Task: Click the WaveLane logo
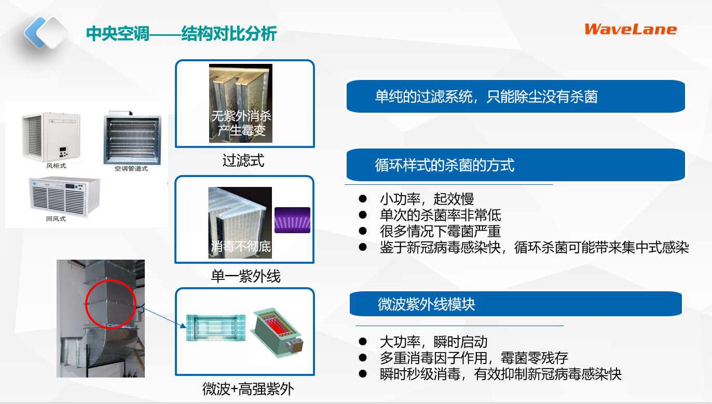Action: (631, 29)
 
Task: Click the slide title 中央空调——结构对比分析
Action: (182, 33)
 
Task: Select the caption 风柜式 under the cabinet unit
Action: (56, 166)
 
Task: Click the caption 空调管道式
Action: (131, 169)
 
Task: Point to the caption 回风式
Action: (56, 219)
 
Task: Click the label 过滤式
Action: (243, 160)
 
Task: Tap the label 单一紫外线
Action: (245, 276)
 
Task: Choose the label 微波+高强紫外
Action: (248, 389)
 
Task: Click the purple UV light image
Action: (293, 220)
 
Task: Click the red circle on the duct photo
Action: (111, 304)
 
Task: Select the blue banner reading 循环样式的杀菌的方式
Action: (515, 165)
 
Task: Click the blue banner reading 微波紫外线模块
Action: (515, 304)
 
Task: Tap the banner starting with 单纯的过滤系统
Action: (515, 97)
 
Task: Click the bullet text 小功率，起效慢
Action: (427, 199)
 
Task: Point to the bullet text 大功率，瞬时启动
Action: (433, 342)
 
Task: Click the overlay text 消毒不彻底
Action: (241, 246)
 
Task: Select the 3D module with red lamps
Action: (277, 332)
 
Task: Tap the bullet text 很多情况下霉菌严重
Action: (440, 231)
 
